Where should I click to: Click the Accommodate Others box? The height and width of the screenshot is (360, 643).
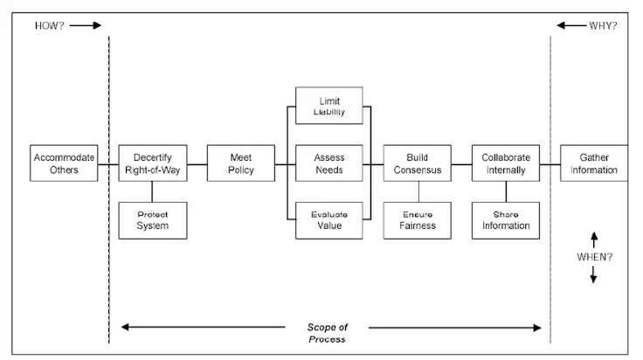[x=63, y=163]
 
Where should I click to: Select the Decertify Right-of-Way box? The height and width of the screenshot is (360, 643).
[x=152, y=163]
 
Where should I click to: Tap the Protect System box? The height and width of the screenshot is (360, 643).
[x=152, y=219]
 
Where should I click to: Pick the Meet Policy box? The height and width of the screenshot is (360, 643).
[x=240, y=163]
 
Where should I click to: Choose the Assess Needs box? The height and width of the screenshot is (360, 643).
[x=329, y=163]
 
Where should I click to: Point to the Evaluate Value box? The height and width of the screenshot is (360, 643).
[x=329, y=219]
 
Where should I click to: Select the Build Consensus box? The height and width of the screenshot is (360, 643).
[x=418, y=163]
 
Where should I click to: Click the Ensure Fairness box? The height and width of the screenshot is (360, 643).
[x=418, y=219]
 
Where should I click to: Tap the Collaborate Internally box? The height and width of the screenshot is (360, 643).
[x=506, y=163]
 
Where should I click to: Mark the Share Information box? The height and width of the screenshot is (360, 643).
[x=506, y=219]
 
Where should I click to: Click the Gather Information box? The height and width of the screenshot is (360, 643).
[x=593, y=163]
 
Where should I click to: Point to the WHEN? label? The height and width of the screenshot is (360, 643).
[x=593, y=256]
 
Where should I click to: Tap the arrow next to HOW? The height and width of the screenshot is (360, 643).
[x=85, y=25]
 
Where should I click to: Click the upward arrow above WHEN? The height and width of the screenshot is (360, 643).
[x=593, y=239]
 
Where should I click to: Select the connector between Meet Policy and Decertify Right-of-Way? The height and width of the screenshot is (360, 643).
[x=196, y=163]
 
